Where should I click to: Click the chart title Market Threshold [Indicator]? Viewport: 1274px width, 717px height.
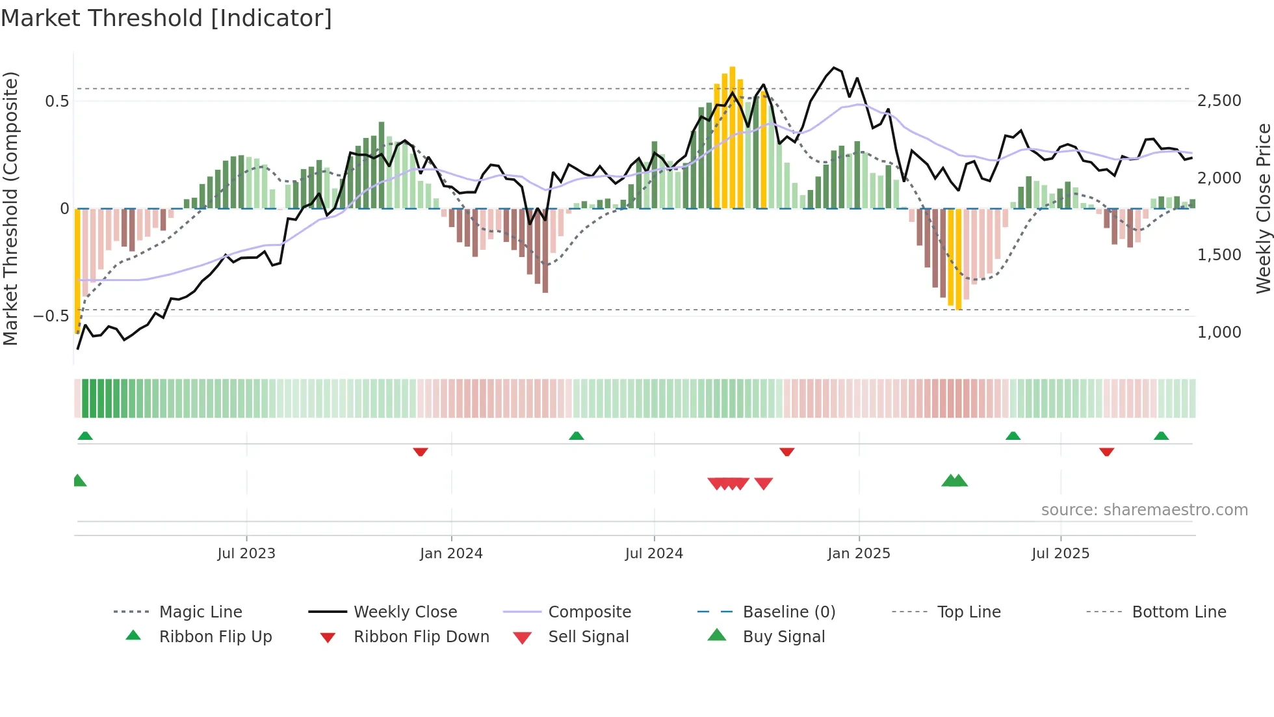(166, 18)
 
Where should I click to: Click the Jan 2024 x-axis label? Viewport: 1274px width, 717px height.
(451, 553)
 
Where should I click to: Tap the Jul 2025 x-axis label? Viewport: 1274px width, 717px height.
(1060, 553)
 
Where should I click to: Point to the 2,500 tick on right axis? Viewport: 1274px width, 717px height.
(1219, 101)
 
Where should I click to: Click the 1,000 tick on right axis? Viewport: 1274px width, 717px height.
(1219, 332)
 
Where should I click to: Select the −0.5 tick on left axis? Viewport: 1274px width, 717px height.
(51, 316)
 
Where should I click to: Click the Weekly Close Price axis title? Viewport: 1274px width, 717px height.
(1263, 208)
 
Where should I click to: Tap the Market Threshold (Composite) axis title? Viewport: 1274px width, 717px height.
(10, 208)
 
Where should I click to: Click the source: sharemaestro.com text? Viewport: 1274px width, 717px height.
(1144, 510)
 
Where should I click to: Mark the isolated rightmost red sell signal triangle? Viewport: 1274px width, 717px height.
(764, 483)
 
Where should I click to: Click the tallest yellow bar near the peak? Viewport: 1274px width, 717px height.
(733, 137)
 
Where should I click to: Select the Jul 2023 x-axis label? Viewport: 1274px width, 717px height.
(246, 553)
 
